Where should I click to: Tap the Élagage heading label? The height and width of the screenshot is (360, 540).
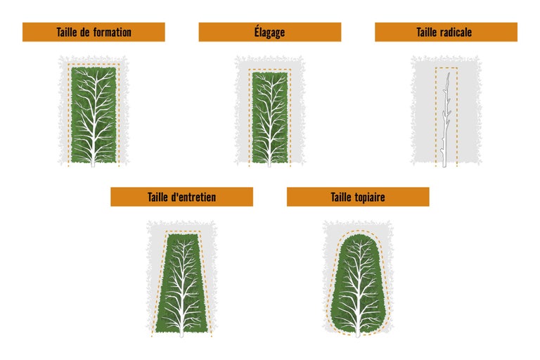[270, 32]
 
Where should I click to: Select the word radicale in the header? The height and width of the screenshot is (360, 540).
[455, 32]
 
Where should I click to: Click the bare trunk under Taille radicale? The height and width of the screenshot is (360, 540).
[445, 120]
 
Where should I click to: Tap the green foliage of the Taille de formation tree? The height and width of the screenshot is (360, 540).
[94, 115]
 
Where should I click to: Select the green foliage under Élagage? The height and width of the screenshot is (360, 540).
[270, 117]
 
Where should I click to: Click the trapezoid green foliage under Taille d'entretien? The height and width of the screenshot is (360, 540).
[182, 283]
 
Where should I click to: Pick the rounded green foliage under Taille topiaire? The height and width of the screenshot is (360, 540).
[358, 284]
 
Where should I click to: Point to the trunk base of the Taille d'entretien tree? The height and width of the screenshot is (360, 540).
[181, 334]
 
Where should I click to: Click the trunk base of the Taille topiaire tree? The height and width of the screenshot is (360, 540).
[358, 334]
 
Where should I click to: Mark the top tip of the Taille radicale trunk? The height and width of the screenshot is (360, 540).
[449, 73]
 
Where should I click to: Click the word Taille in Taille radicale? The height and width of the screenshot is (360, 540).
[425, 32]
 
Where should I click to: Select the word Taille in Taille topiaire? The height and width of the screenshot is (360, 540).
[340, 197]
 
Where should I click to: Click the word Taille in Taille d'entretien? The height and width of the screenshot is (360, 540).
[157, 197]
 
